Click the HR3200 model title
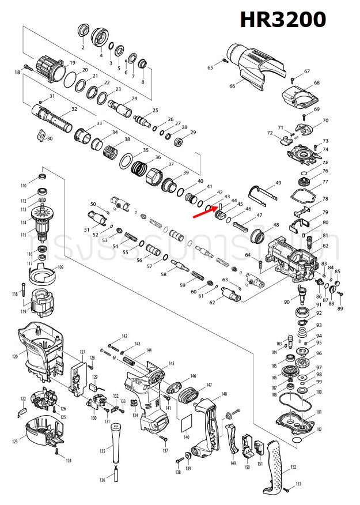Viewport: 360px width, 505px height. point(283,20)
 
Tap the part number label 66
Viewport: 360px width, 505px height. point(232,86)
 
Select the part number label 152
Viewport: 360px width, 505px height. point(293,467)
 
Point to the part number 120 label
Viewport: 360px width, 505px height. point(15,357)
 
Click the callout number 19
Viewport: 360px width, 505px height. point(73,62)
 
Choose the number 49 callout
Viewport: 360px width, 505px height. point(278,183)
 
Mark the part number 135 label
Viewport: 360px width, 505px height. point(103,451)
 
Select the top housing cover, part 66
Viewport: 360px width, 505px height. point(253,66)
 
